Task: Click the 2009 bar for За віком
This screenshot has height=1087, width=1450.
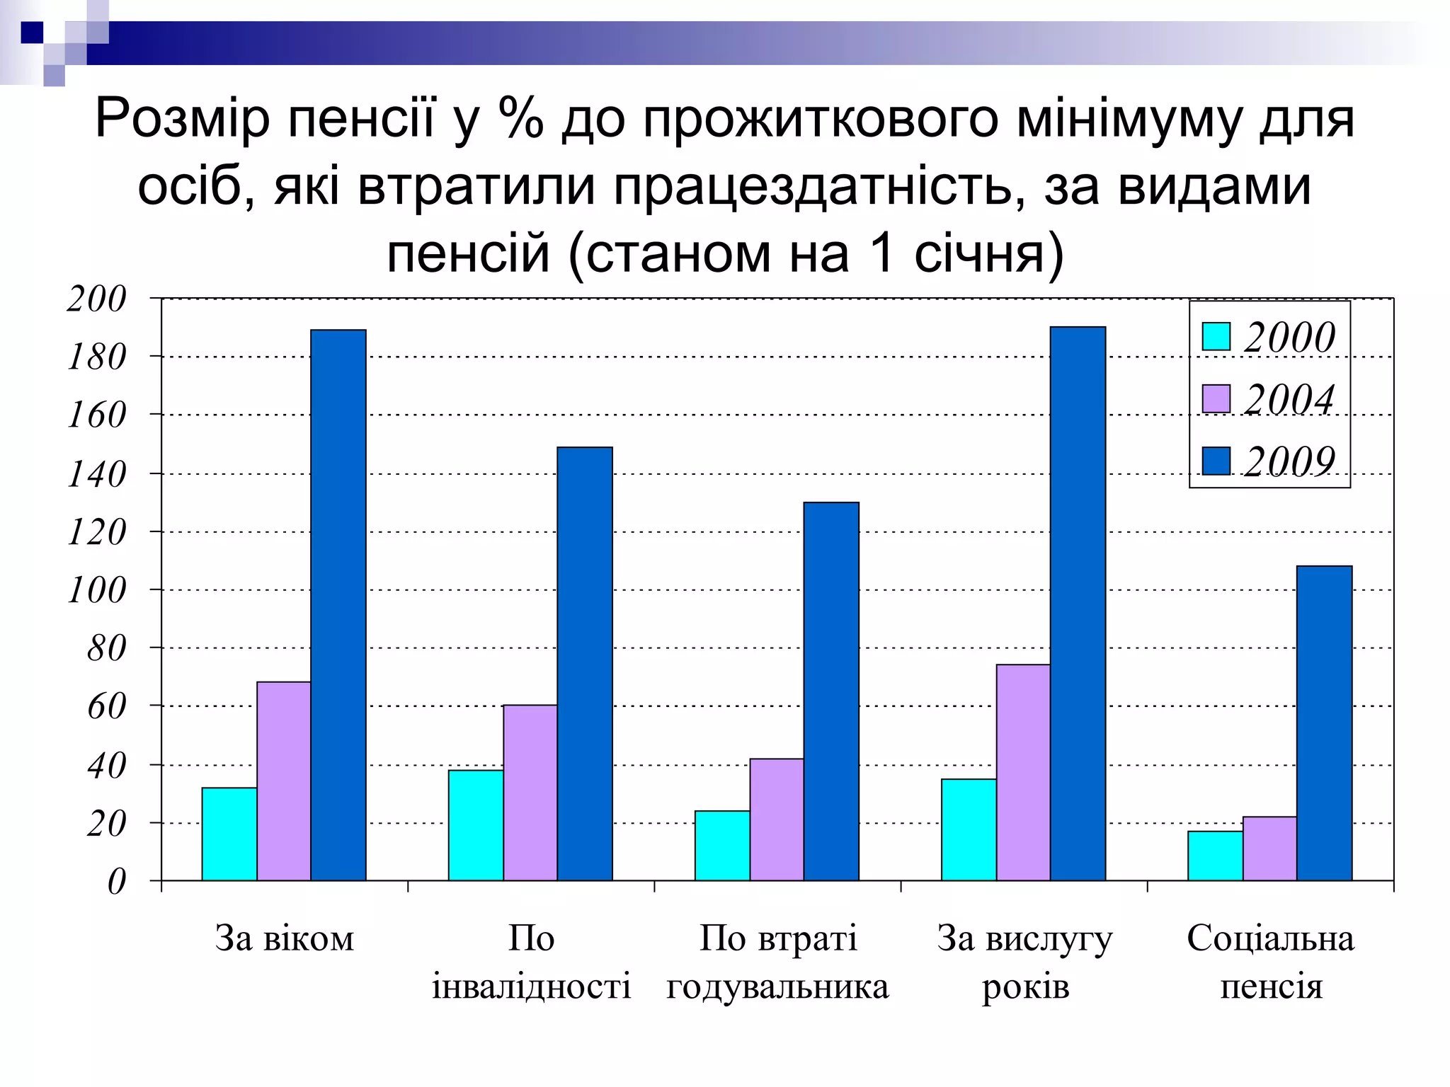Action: point(338,605)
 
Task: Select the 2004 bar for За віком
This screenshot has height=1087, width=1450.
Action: point(283,781)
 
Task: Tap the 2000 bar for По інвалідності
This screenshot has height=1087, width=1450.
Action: point(476,825)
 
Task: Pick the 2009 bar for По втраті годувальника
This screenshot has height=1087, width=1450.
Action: point(831,691)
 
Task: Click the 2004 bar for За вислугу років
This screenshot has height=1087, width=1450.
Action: point(1023,772)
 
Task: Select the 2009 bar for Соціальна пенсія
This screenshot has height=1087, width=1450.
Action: point(1324,723)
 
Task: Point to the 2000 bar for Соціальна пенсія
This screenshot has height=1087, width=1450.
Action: point(1215,856)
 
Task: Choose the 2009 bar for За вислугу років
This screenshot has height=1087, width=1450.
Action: point(1078,604)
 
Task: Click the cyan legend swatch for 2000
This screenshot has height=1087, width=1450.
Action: point(1216,337)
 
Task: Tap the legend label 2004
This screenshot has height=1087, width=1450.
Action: point(1289,399)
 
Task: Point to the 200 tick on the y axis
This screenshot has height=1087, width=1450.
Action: point(97,299)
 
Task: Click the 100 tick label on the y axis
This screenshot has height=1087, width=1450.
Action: point(97,590)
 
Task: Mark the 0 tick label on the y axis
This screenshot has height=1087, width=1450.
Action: point(116,882)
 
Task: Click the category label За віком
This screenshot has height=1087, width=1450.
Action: point(284,938)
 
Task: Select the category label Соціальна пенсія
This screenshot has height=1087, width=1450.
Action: point(1271,962)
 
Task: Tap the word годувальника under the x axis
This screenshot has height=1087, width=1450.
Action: point(777,987)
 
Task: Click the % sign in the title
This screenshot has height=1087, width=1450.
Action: point(521,117)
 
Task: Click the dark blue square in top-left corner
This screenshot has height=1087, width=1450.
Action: point(32,33)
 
